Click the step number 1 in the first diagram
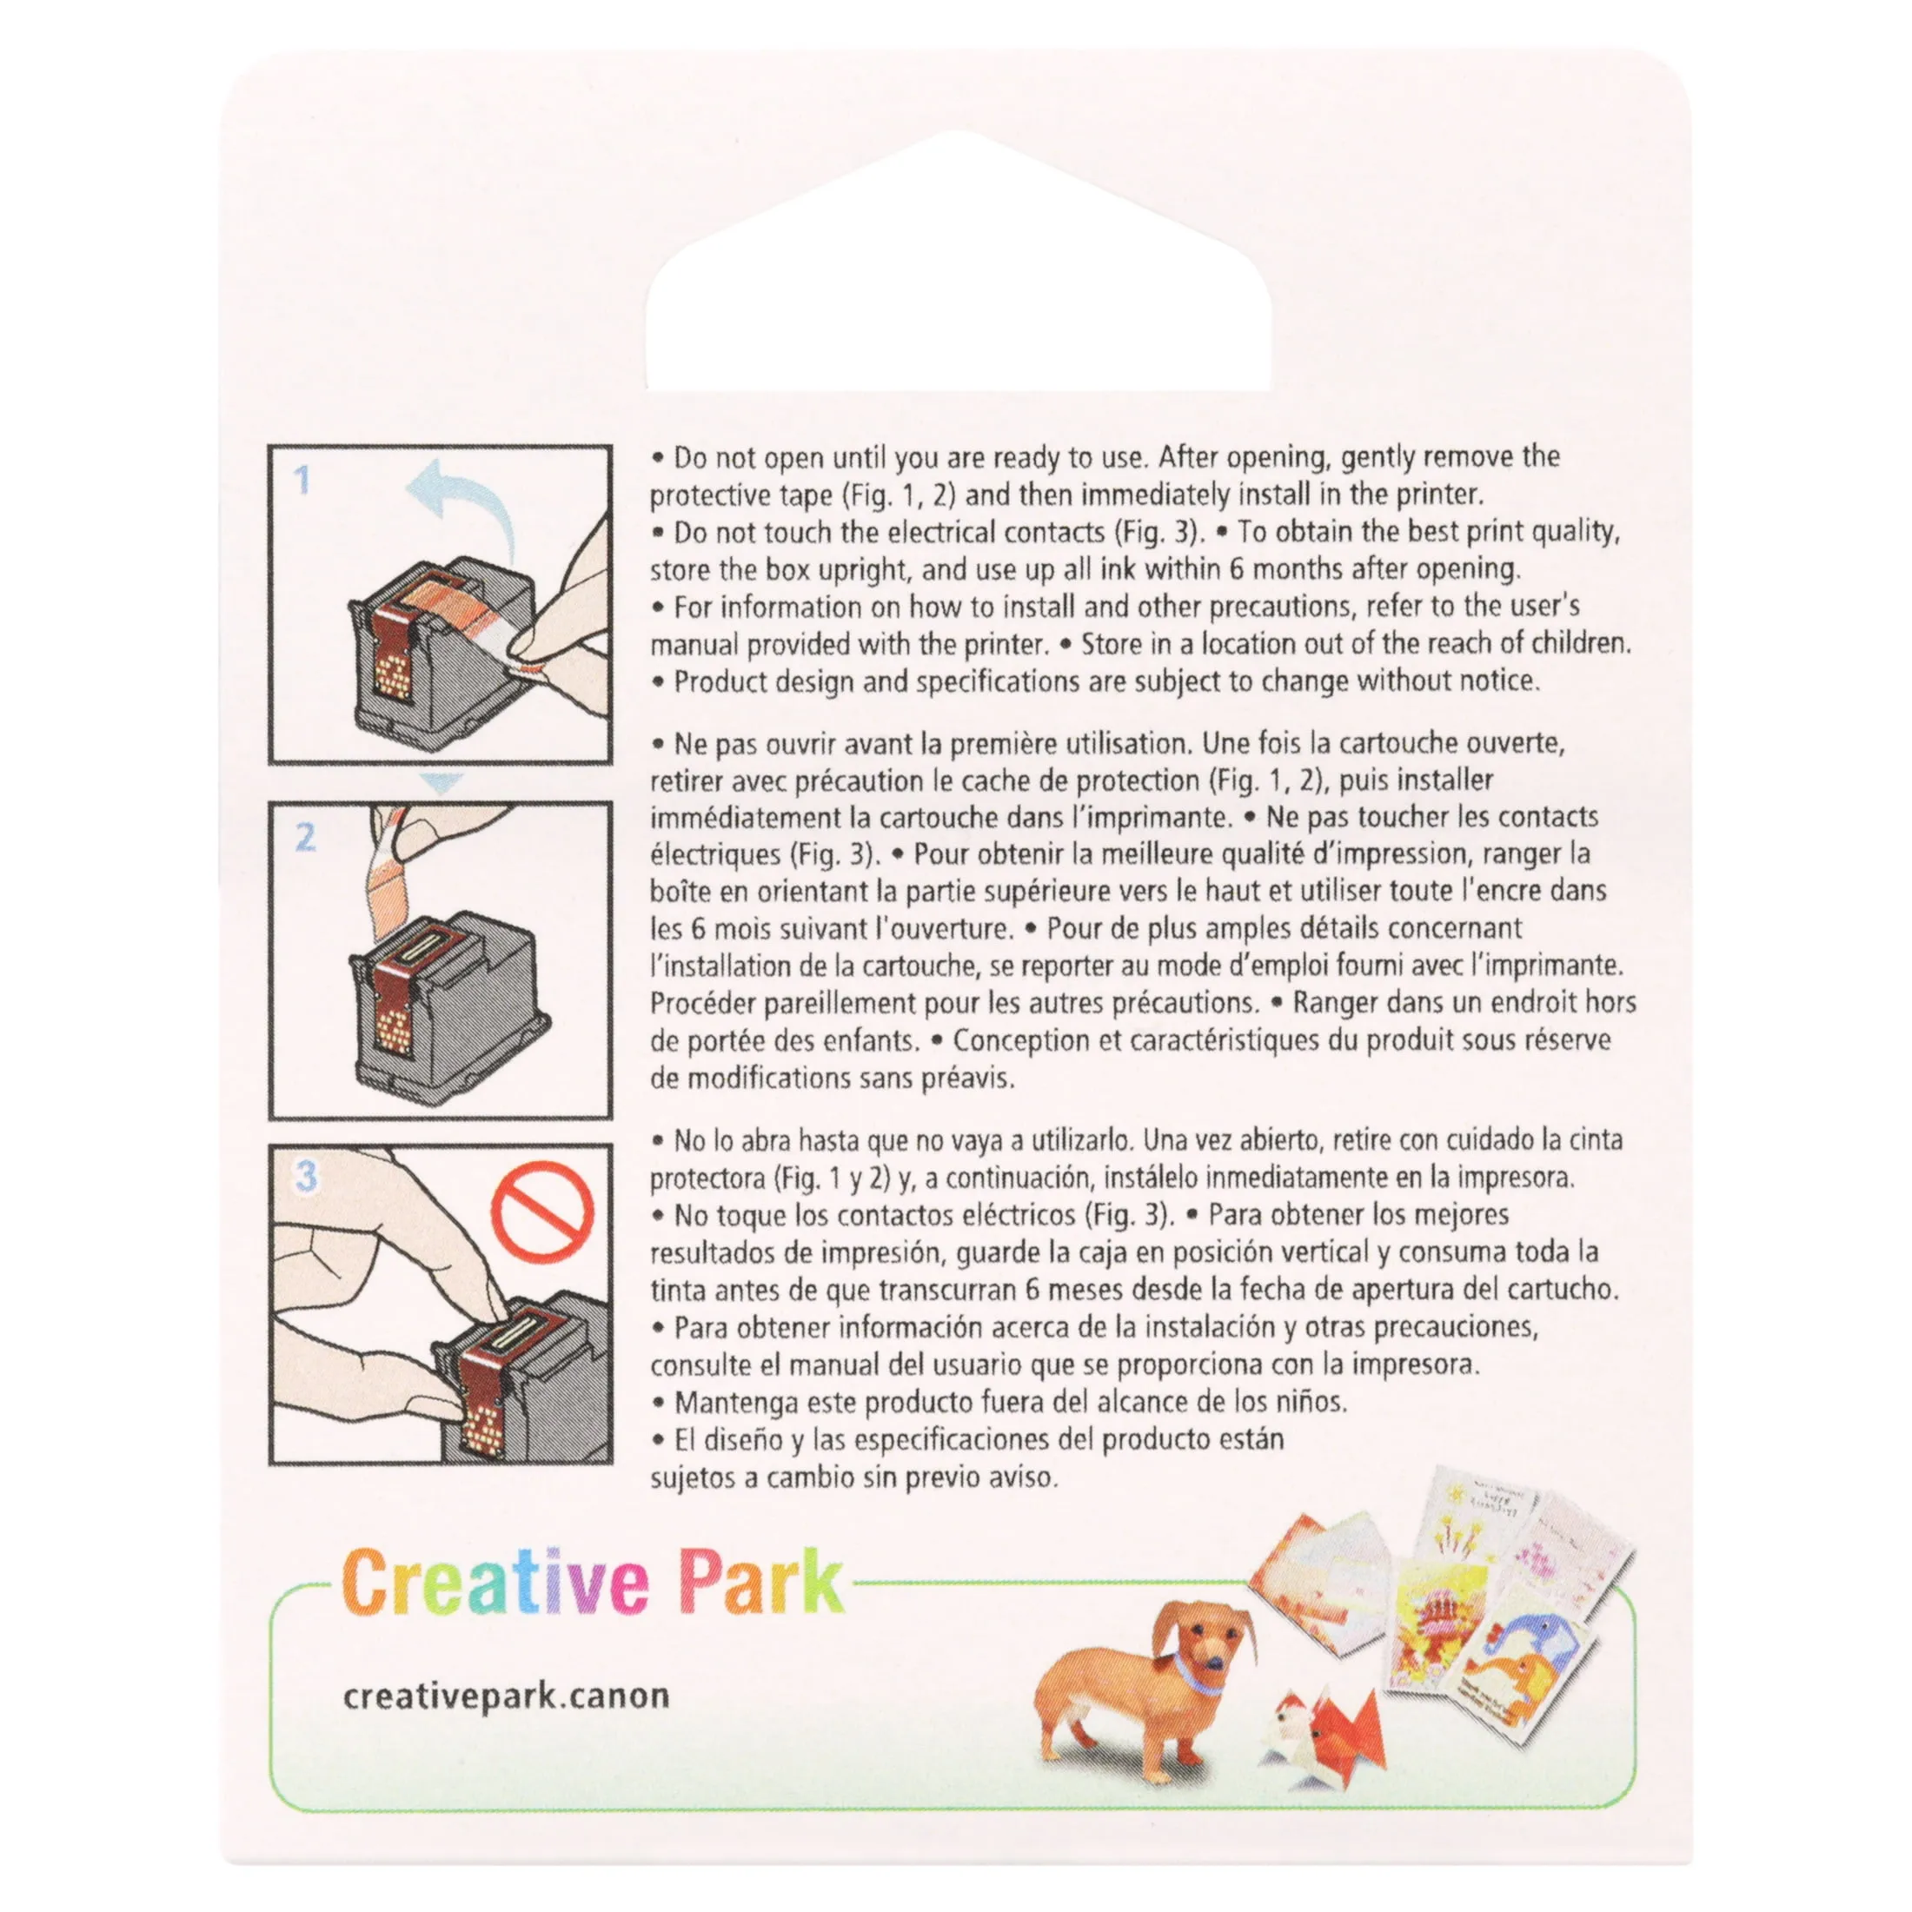pos(302,480)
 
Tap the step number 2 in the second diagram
pos(306,837)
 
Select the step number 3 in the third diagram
pos(307,1177)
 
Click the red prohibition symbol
pos(542,1212)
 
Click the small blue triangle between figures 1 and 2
pos(441,783)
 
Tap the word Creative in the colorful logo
pos(495,1582)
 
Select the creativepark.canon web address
pos(506,1696)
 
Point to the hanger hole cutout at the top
pos(958,262)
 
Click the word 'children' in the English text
pos(1579,644)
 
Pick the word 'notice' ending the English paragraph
pos(1490,682)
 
